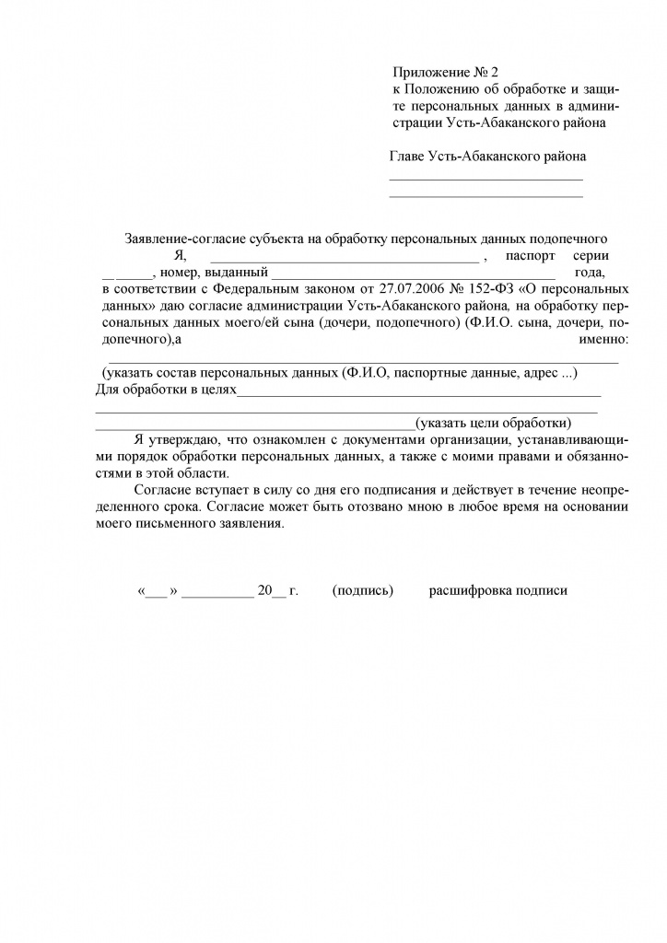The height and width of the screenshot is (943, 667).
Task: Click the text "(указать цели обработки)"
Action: pos(493,424)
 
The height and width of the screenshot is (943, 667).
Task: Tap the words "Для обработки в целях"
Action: pos(166,390)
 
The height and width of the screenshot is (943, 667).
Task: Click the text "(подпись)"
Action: pos(363,591)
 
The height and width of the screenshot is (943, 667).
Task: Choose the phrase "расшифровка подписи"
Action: pos(498,591)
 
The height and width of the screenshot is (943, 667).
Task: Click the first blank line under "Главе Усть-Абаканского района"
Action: pos(486,178)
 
